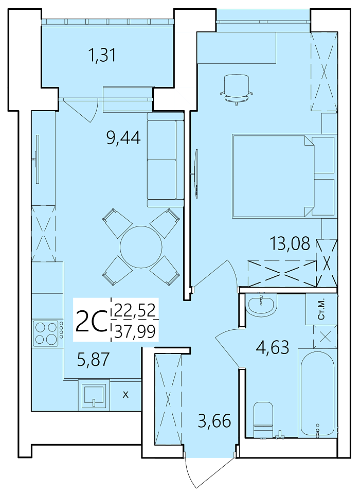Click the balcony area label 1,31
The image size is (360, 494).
tap(102, 56)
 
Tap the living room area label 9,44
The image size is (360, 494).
tap(123, 138)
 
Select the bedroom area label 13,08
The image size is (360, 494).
tap(290, 243)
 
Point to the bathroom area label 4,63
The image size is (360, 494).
tap(273, 348)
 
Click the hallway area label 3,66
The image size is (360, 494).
tap(214, 421)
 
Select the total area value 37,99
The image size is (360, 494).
tap(135, 332)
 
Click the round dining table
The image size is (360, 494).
tap(141, 246)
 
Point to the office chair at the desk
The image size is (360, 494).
tap(237, 90)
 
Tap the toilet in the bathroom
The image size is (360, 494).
tap(263, 419)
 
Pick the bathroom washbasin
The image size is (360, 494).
tap(261, 305)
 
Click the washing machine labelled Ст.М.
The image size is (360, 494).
tap(321, 309)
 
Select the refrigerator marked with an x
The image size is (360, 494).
tap(125, 395)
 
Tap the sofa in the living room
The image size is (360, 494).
tap(165, 160)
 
